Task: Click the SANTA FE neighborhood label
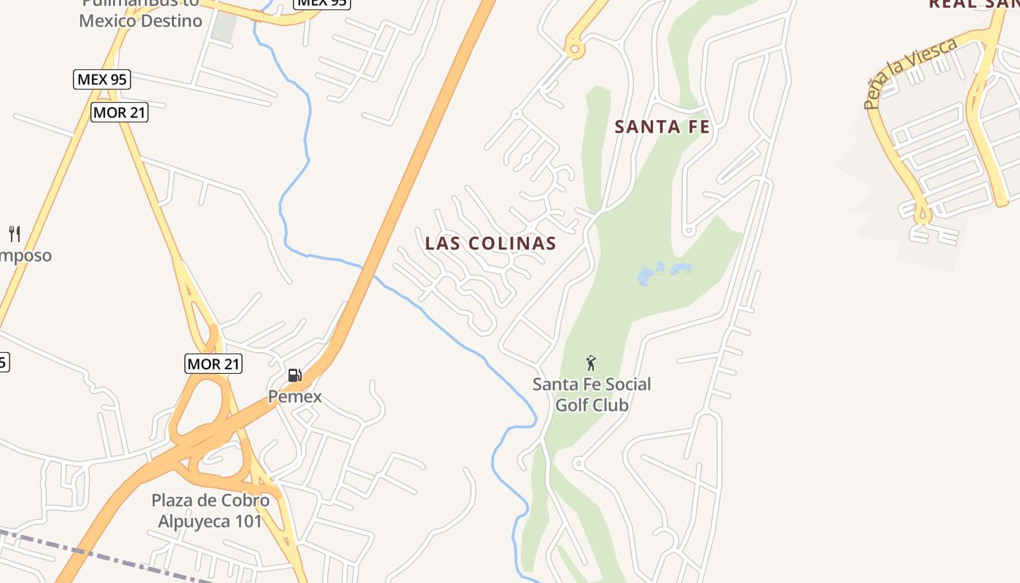click(662, 127)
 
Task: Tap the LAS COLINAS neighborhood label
click(490, 243)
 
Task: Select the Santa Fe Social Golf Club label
click(592, 394)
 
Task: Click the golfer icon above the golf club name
click(591, 362)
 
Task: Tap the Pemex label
click(294, 397)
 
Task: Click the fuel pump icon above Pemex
click(294, 375)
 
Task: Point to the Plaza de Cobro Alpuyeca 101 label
click(210, 511)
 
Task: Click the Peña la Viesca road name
click(911, 73)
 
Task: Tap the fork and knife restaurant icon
click(14, 234)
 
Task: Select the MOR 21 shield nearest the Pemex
click(213, 364)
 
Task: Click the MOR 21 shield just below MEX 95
click(119, 112)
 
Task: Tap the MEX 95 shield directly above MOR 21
click(102, 79)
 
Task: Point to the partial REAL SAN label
click(973, 4)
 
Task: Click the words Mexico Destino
click(141, 20)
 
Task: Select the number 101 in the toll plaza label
click(246, 522)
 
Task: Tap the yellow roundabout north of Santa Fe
click(574, 50)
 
